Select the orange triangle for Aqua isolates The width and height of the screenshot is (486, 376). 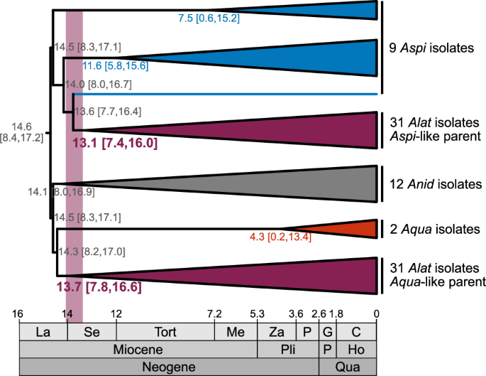355,227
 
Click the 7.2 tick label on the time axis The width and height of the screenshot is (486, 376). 214,313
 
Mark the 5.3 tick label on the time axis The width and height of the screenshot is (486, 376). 257,313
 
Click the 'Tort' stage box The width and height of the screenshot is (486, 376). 165,332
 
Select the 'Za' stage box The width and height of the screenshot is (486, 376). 277,332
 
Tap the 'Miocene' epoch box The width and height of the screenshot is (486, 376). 138,350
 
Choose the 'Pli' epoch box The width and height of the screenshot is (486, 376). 287,350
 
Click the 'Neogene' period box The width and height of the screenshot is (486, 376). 168,367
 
